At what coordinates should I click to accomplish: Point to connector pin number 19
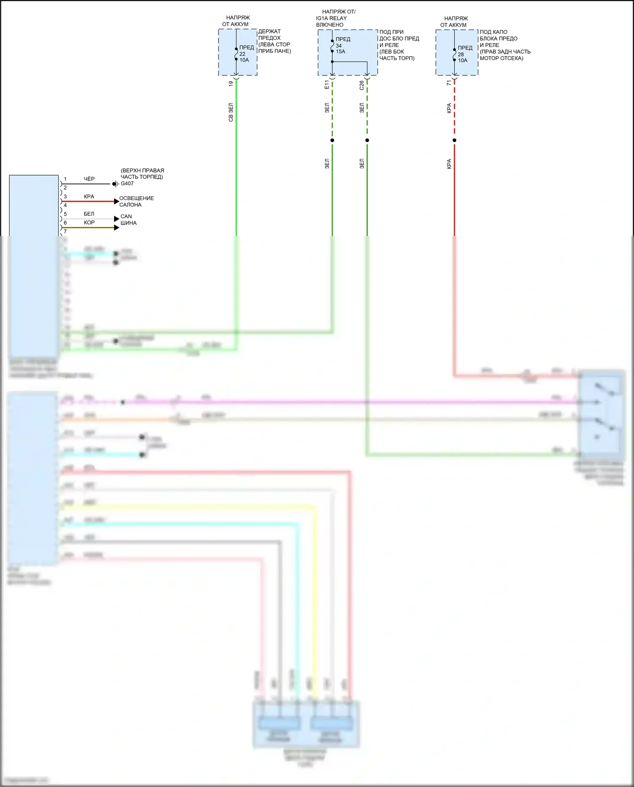coord(231,84)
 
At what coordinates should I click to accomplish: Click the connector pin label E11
coord(327,85)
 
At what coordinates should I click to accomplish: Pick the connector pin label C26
coord(361,85)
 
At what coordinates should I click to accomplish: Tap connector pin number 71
coord(449,83)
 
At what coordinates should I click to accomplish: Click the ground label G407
coord(127,184)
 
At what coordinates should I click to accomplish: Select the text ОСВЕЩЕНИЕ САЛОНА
coord(136,201)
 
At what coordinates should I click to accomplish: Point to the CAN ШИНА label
coord(128,219)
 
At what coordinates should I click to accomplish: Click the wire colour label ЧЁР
coord(89,179)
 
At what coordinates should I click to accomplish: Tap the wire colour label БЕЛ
coord(89,214)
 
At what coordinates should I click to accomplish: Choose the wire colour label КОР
coord(89,222)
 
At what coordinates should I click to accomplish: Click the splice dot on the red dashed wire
coord(454,140)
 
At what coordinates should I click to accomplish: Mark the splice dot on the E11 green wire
coord(332,140)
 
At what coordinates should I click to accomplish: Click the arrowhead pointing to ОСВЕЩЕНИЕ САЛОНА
coord(117,201)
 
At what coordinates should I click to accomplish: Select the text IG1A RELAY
coord(331,18)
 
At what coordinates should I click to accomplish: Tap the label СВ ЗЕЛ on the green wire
coord(231,112)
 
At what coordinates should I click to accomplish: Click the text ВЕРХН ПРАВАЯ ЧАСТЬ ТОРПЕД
coord(142,173)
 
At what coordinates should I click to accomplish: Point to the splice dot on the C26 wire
coord(367,140)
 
